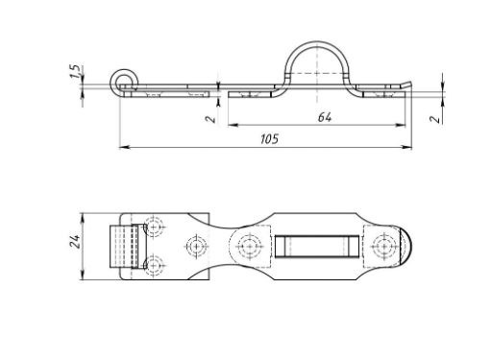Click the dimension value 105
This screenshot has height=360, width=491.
[x=269, y=139]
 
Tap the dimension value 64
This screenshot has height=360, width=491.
[x=325, y=117]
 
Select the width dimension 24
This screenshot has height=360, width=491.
[x=75, y=242]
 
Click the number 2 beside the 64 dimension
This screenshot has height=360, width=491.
[x=210, y=118]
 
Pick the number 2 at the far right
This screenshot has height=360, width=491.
[x=434, y=118]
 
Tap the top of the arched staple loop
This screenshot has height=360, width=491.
[x=316, y=43]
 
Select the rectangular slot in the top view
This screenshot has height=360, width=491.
[x=317, y=246]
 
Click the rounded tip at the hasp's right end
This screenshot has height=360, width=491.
[x=406, y=246]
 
